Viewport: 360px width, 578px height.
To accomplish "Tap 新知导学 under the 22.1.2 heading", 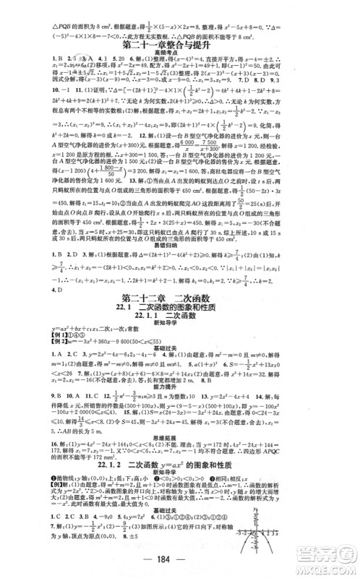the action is click(x=179, y=506).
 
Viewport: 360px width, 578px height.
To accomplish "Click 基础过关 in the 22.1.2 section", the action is click(x=179, y=543).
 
